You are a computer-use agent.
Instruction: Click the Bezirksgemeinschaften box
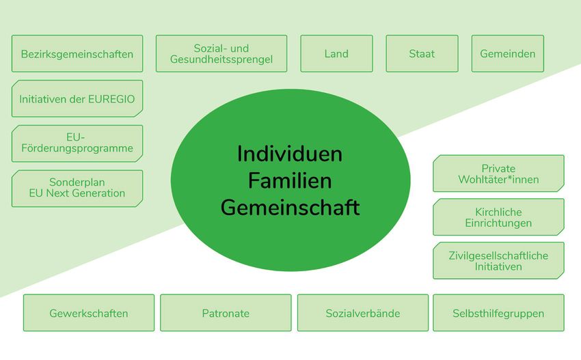click(77, 54)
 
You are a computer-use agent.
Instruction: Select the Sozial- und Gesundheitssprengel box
click(221, 54)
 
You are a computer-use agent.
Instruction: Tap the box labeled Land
click(336, 54)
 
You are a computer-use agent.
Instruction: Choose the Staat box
click(422, 54)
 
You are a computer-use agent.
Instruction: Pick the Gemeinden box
click(508, 54)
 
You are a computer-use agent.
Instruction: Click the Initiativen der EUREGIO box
click(77, 98)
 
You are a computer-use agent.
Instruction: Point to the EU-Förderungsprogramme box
click(77, 143)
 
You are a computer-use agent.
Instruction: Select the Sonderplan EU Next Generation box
click(77, 189)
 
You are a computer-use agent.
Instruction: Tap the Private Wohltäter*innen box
click(498, 174)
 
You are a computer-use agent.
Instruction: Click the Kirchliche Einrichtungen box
click(498, 217)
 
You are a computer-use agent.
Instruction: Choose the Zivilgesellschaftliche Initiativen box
click(498, 261)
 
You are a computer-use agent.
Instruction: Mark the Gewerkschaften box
click(89, 313)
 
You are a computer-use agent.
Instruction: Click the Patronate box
click(226, 313)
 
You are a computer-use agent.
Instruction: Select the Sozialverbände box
click(363, 313)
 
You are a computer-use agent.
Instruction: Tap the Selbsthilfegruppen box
click(498, 313)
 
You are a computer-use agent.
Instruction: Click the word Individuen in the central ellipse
click(290, 154)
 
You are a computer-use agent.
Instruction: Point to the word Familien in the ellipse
click(290, 181)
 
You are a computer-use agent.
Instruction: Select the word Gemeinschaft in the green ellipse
click(290, 208)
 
